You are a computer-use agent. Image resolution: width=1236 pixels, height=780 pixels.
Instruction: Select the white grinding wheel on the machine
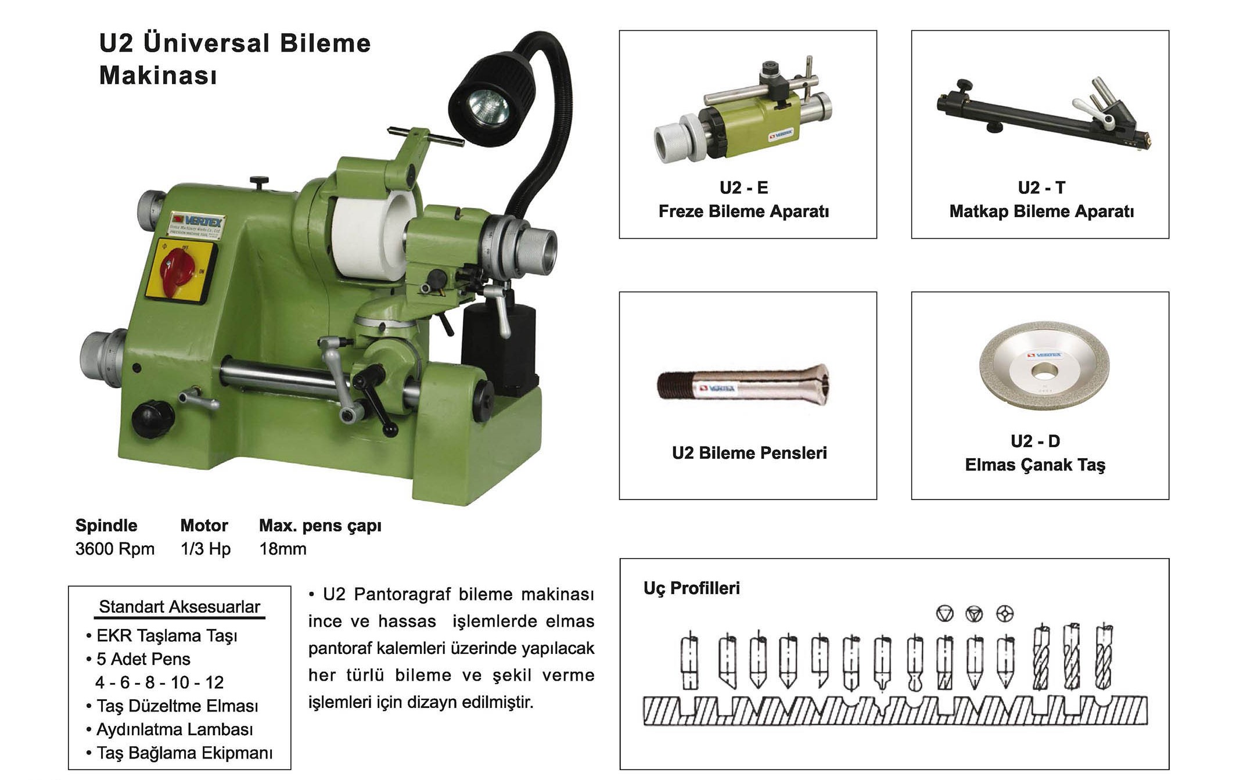point(372,238)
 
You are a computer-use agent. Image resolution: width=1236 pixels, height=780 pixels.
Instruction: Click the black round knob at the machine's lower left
point(152,418)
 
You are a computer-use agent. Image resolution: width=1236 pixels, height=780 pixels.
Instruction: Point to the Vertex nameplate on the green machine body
point(197,225)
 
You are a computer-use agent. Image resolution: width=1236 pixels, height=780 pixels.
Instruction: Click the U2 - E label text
point(743,188)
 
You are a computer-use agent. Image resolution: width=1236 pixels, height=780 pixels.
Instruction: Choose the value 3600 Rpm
point(115,549)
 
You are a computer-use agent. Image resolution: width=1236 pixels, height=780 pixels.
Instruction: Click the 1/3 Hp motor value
point(206,549)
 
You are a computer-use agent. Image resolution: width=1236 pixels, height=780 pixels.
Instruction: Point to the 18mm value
point(283,549)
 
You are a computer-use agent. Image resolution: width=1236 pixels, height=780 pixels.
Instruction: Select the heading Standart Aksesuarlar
point(179,607)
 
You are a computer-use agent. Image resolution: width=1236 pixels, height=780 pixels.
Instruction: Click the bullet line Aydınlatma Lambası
point(174,729)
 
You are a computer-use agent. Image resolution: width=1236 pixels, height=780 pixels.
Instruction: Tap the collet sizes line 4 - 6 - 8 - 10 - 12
point(160,682)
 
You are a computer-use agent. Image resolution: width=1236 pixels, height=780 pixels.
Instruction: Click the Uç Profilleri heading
point(691,588)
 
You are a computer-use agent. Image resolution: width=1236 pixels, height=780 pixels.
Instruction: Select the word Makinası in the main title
point(158,76)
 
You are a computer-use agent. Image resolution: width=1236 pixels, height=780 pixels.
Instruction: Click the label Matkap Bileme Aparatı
point(1041,211)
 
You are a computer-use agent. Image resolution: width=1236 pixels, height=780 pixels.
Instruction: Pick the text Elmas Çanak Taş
point(1035,465)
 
